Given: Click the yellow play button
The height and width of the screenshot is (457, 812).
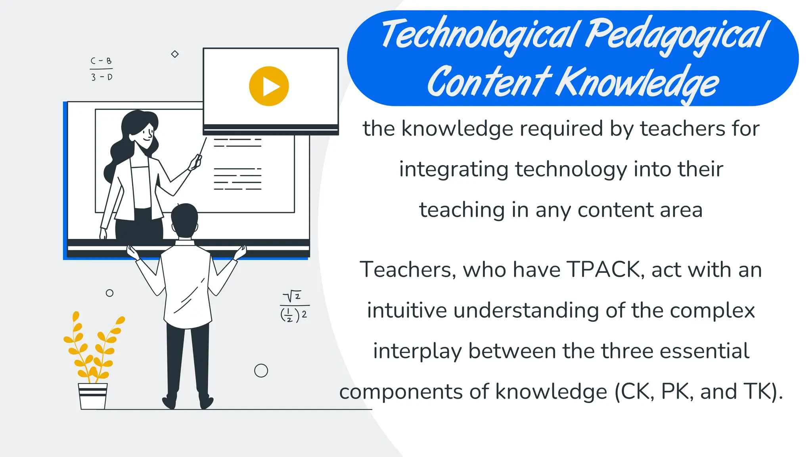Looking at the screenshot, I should coord(269,86).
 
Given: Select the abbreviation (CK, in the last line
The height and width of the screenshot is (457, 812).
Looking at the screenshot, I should coord(634,392).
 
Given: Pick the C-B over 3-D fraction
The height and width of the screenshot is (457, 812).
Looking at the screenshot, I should coord(101,69).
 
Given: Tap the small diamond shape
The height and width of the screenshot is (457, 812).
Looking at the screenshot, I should coord(175,54).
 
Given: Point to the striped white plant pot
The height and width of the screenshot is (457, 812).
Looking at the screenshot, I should coord(93,396).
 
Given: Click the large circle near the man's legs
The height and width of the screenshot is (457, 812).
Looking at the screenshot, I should coord(261,371).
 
